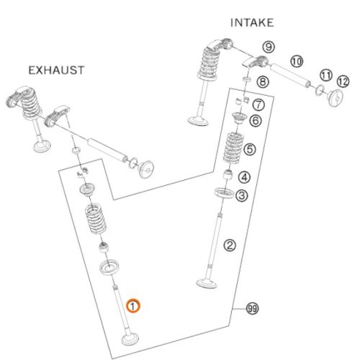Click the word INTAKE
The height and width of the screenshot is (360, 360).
(252, 23)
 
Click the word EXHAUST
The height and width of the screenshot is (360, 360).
(56, 71)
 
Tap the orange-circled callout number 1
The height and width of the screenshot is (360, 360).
(133, 306)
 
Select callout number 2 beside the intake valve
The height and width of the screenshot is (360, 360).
(230, 246)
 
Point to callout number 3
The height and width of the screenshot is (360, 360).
(241, 195)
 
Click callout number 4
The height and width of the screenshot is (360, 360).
(244, 177)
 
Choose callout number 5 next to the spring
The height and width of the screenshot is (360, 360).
(250, 149)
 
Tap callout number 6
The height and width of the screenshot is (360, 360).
(256, 120)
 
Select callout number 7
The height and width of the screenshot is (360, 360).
(258, 104)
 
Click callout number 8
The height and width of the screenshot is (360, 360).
(263, 82)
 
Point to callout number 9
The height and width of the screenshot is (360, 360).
(269, 47)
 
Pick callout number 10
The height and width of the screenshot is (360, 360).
(297, 61)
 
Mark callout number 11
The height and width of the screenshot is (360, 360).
(326, 76)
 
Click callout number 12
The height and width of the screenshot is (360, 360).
(343, 81)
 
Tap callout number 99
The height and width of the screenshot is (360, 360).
(253, 308)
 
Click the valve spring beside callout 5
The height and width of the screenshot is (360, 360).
(233, 148)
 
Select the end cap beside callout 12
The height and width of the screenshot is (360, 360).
(336, 98)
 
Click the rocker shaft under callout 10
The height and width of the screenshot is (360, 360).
(290, 75)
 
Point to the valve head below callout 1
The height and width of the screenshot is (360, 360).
(130, 338)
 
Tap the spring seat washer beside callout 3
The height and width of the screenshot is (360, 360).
(224, 193)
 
